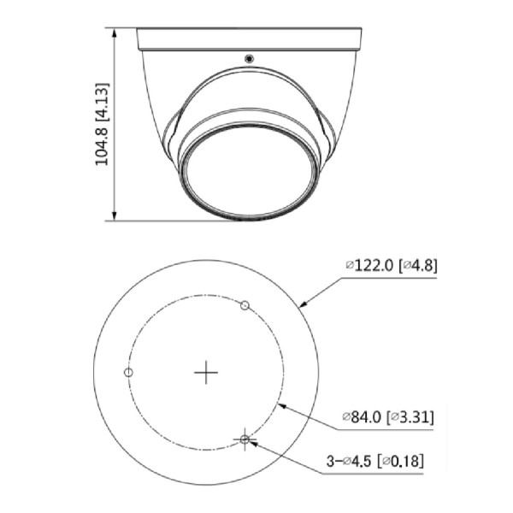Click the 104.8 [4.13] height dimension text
[102, 125]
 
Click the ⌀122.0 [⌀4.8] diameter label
[390, 265]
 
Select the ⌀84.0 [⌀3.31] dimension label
[387, 418]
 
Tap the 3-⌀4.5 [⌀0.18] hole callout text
[374, 462]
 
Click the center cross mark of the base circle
[206, 372]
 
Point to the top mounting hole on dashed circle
[245, 305]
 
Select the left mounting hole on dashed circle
[128, 372]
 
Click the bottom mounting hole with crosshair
[245, 439]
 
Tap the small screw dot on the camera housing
[249, 59]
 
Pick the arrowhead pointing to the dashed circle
[281, 404]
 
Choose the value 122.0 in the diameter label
[373, 265]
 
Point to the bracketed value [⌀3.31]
[411, 418]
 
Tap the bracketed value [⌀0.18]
[403, 462]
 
